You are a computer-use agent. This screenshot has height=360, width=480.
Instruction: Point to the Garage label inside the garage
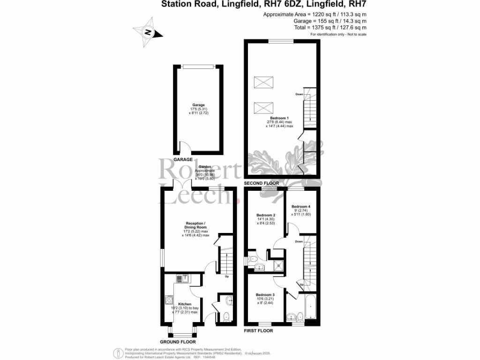198,105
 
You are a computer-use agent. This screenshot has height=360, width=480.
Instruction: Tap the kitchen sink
182,279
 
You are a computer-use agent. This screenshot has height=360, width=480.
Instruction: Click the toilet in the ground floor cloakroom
226,317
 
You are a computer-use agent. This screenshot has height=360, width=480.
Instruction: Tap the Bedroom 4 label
300,207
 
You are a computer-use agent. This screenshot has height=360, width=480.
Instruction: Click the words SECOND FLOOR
261,183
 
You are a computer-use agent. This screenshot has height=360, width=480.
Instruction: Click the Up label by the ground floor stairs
227,276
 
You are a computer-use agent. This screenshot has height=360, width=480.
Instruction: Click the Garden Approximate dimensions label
204,172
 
